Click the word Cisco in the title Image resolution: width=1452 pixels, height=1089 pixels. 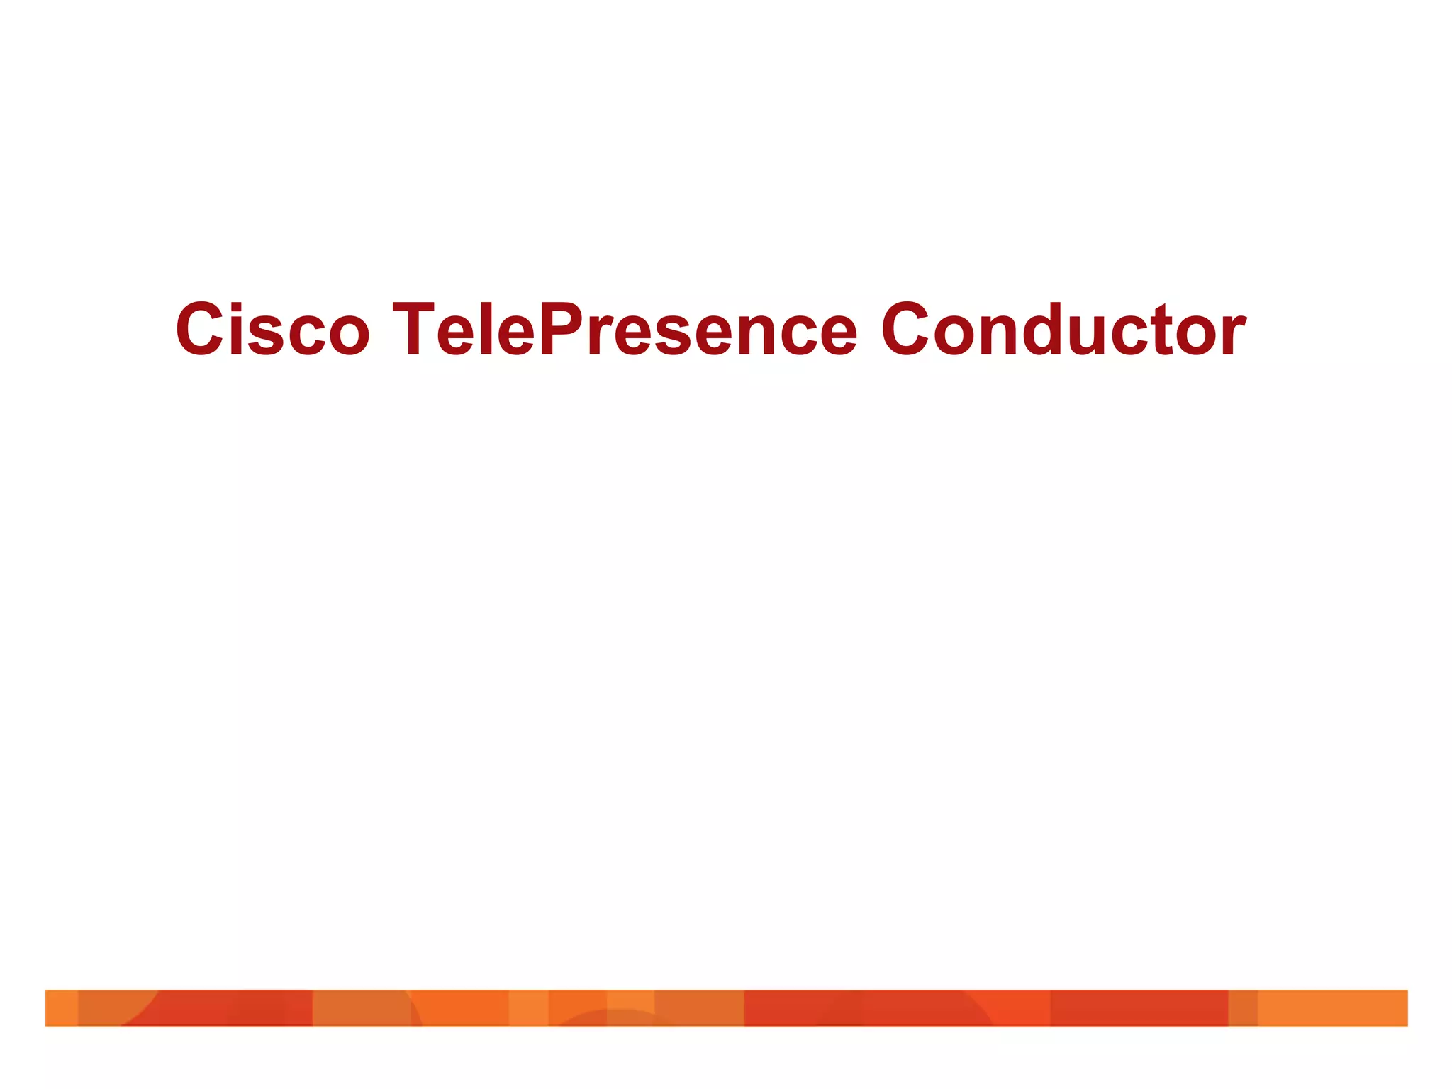tap(272, 330)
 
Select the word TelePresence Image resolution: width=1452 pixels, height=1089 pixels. tap(624, 330)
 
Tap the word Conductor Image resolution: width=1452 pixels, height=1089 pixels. tap(1063, 330)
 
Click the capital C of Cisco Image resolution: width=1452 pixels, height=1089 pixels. tap(201, 330)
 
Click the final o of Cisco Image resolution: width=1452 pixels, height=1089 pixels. tap(347, 337)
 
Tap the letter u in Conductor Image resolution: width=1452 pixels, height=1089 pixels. tap(1106, 337)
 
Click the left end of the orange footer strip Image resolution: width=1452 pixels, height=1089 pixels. tap(53, 1007)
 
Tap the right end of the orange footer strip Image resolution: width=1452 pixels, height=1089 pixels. tap(1400, 1007)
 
